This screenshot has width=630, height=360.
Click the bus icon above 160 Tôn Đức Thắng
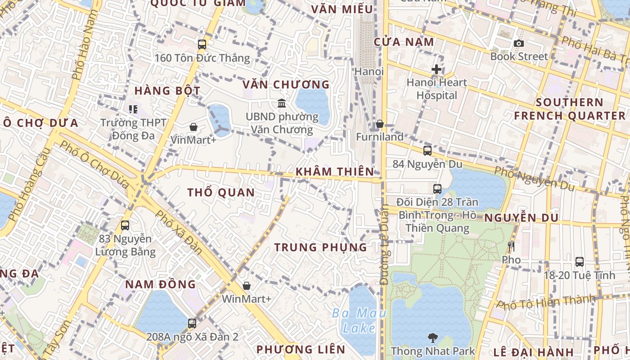pos(202,45)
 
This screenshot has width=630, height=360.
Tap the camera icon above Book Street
pos(519,44)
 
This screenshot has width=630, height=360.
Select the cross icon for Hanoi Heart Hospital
pos(436,70)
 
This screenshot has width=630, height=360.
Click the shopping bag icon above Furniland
pos(380,124)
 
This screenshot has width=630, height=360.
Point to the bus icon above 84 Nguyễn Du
pos(427,151)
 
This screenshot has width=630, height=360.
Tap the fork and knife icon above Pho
pos(511,247)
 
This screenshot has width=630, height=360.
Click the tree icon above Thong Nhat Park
pos(433,337)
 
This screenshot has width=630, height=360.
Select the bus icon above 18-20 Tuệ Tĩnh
pos(580,262)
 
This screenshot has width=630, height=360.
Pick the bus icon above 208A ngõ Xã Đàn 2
pos(192,323)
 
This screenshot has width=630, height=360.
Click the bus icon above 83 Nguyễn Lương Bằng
pos(125,225)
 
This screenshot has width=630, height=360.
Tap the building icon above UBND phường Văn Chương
pos(282,103)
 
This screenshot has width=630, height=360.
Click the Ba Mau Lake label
pos(359,320)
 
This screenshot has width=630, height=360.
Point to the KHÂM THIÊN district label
pos(335,171)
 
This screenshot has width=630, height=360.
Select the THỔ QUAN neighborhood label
pos(221,193)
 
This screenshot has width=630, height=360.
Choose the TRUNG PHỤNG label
pos(321,247)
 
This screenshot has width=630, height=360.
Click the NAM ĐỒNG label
pos(160,284)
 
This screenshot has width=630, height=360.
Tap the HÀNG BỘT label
pos(167,90)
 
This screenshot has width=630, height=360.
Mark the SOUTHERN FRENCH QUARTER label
pos(570,109)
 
